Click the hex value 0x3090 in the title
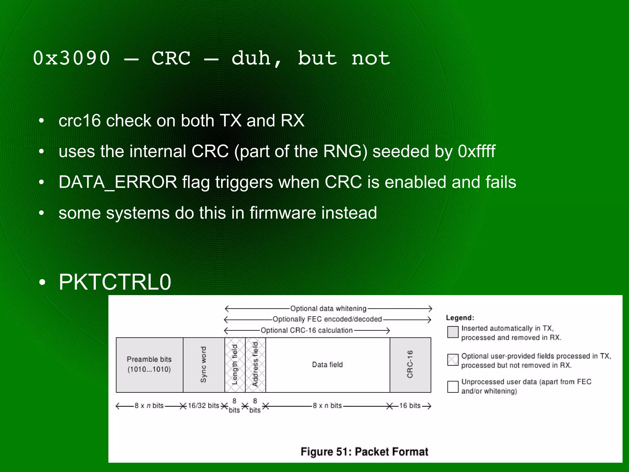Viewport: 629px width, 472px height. [x=71, y=58]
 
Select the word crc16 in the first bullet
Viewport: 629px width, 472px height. [x=80, y=120]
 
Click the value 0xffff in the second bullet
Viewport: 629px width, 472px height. [x=476, y=151]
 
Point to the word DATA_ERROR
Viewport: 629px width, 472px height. [x=118, y=182]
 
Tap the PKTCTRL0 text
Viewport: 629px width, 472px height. [x=115, y=282]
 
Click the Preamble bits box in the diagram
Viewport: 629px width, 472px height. [x=149, y=365]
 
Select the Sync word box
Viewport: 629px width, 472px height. [x=204, y=365]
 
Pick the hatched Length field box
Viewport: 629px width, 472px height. [x=235, y=365]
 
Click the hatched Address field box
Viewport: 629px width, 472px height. [x=255, y=365]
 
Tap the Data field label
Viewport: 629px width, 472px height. [x=327, y=365]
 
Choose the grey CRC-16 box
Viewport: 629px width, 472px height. [x=410, y=365]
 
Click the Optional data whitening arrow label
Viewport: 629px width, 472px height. [x=328, y=308]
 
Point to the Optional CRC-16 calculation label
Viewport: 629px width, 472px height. [x=307, y=330]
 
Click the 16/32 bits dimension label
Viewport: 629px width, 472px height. [x=203, y=406]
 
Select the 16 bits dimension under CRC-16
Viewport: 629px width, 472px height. [x=410, y=406]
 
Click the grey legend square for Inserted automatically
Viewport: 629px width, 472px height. [x=453, y=332]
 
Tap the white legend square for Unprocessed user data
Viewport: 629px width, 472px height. [x=453, y=387]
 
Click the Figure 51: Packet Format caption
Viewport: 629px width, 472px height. [x=364, y=452]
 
